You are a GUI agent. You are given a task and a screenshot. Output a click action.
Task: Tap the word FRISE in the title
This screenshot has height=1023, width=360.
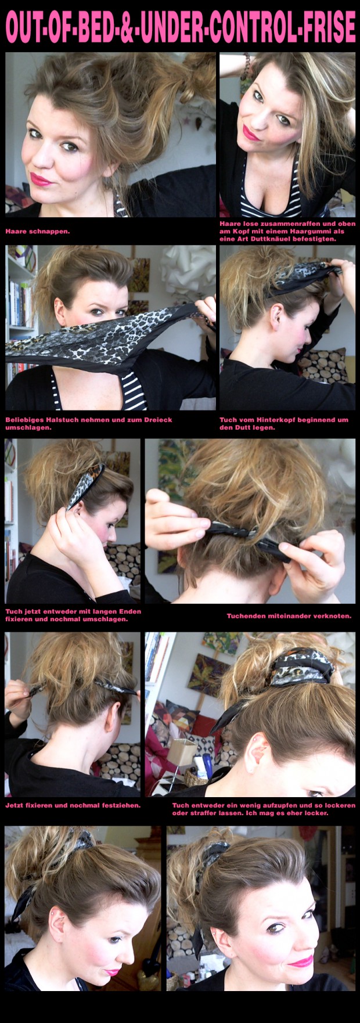326,26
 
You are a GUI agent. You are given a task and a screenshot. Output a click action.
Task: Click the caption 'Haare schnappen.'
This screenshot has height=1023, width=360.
37,231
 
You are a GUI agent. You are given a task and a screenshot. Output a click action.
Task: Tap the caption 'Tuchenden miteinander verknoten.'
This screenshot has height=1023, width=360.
289,616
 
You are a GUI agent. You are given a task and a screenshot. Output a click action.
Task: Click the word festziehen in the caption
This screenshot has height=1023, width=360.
118,805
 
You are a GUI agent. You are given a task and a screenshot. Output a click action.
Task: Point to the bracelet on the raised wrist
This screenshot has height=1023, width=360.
247,60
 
